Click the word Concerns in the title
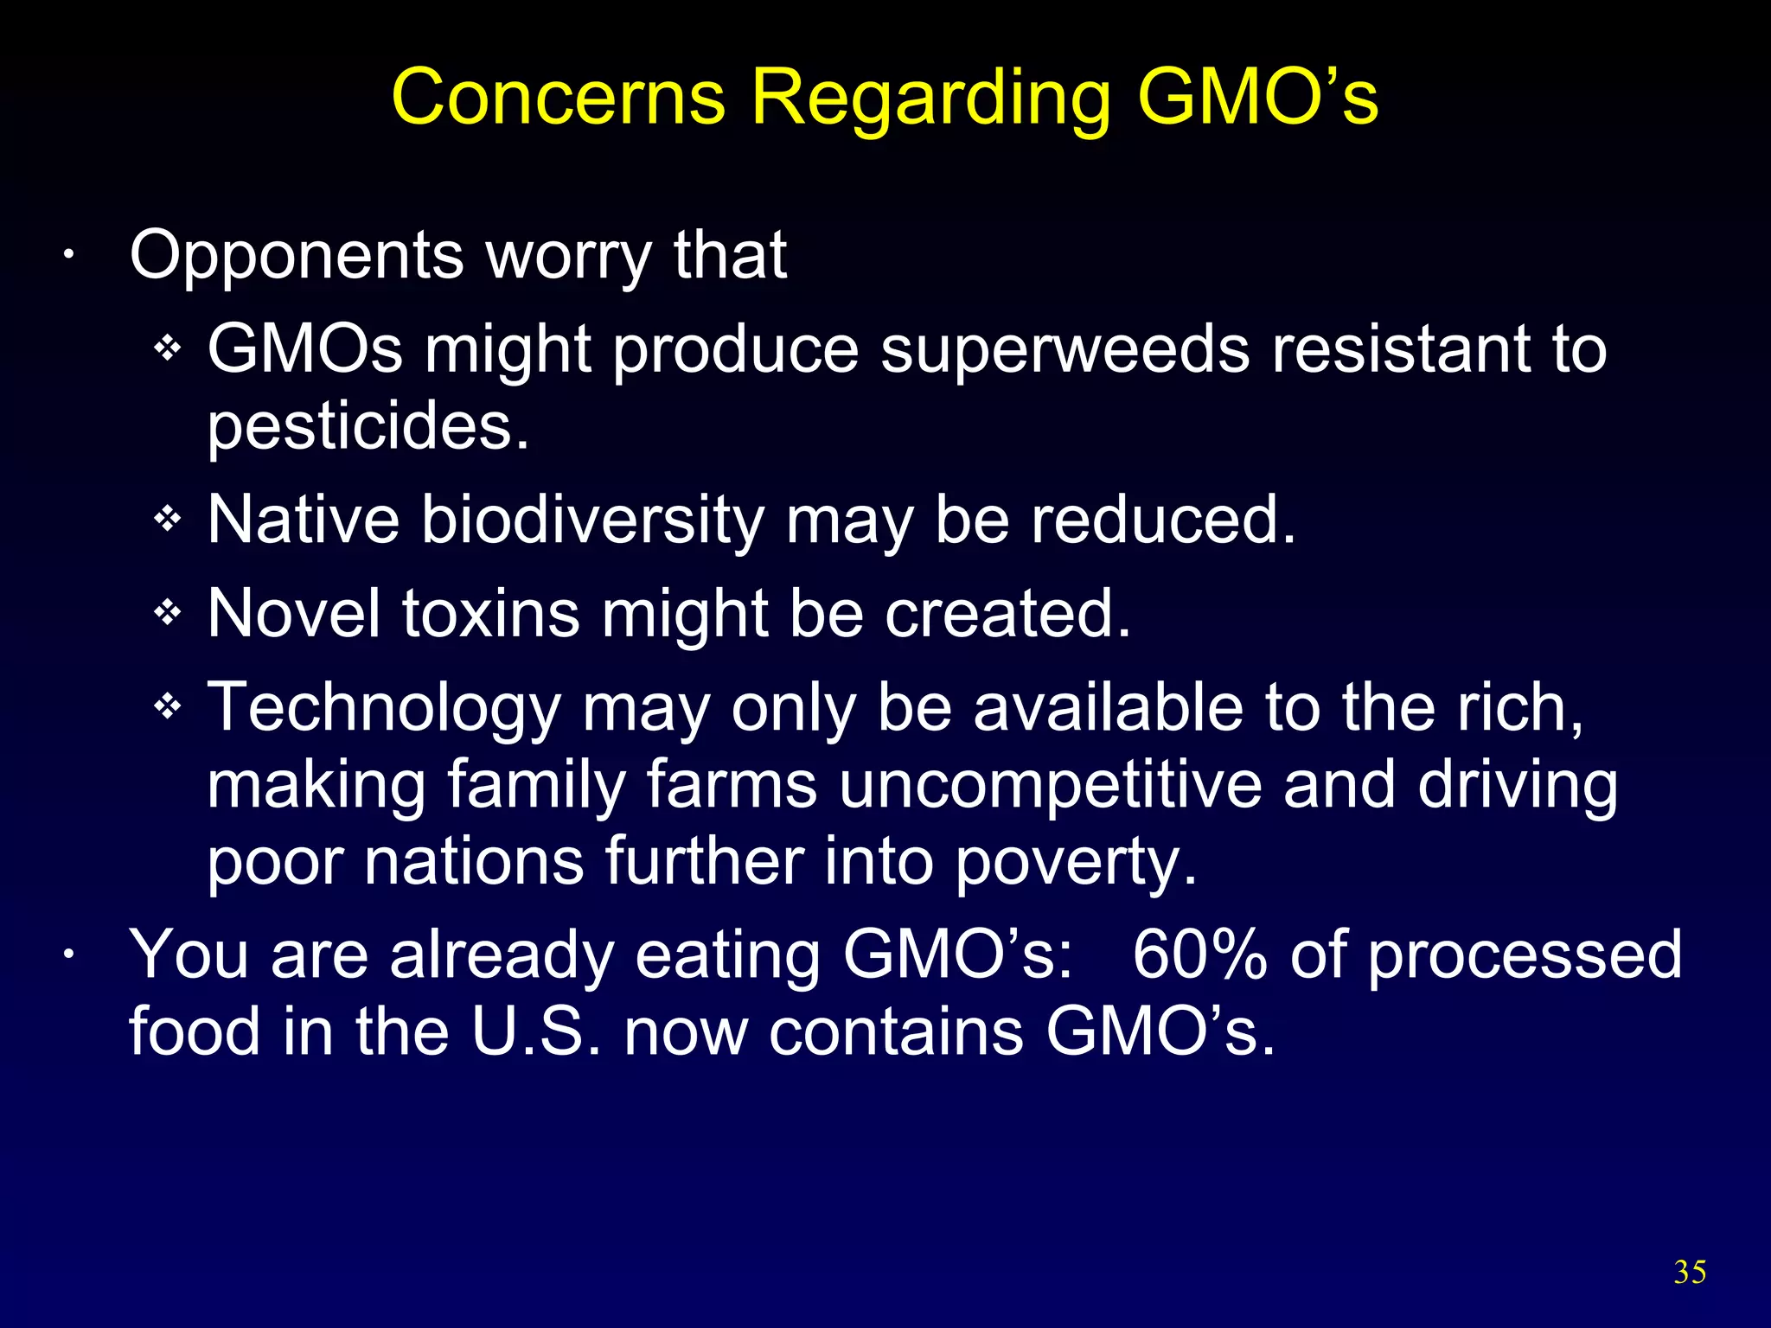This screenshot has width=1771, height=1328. [x=558, y=97]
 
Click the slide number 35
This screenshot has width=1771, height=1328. [x=1690, y=1272]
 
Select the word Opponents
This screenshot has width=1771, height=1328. [x=297, y=257]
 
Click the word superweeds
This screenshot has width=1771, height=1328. [x=1065, y=350]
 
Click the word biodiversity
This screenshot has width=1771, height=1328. [x=592, y=521]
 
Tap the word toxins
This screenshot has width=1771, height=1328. [x=490, y=614]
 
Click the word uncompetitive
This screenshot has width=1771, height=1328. [x=1050, y=784]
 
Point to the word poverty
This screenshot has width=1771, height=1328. [x=1076, y=862]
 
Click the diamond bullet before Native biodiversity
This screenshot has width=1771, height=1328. [x=167, y=520]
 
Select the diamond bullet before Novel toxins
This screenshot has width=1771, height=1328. [x=167, y=613]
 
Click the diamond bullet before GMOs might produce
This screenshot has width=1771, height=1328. [x=167, y=349]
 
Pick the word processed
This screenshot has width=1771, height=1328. [x=1525, y=955]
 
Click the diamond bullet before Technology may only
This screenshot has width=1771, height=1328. [x=167, y=707]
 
